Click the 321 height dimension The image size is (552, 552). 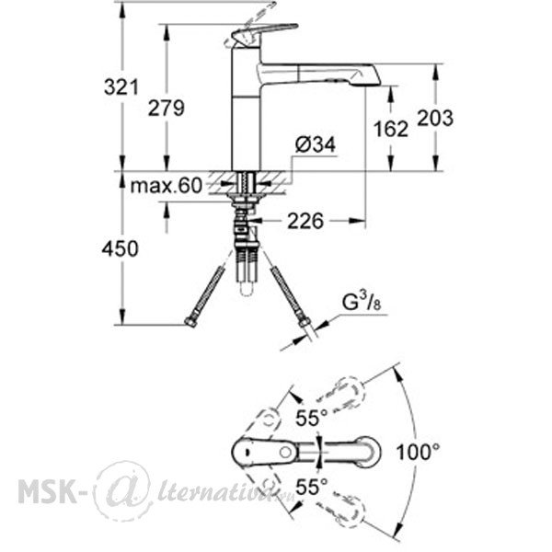[x=121, y=87]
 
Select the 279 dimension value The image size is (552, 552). [x=167, y=108]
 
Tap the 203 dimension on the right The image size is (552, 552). [x=435, y=118]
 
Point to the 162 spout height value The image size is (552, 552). [x=391, y=129]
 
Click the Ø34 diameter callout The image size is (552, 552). [x=316, y=144]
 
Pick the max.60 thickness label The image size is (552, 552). [x=167, y=186]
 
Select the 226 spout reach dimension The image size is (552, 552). [x=305, y=221]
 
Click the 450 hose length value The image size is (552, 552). [x=120, y=249]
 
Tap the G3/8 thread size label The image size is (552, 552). [x=362, y=302]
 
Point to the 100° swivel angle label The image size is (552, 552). [x=418, y=452]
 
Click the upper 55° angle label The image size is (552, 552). [x=312, y=419]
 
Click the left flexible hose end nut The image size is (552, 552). [x=190, y=321]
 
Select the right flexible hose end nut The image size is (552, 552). [x=304, y=323]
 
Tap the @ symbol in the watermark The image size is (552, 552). [x=123, y=490]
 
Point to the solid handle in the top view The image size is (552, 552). [x=266, y=452]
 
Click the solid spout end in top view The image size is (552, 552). [x=369, y=452]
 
